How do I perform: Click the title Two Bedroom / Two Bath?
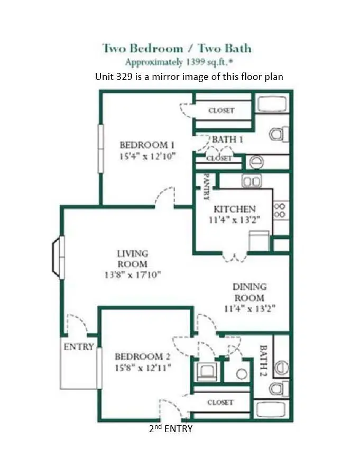pyautogui.click(x=177, y=49)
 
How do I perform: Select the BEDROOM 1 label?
pyautogui.click(x=147, y=145)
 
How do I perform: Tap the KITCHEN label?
pyautogui.click(x=234, y=209)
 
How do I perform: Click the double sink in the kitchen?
pyautogui.click(x=252, y=181)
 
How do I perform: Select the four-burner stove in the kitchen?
pyautogui.click(x=281, y=210)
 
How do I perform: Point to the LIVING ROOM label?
pyautogui.click(x=132, y=259)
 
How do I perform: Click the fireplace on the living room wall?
pyautogui.click(x=58, y=256)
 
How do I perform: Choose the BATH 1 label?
pyautogui.click(x=227, y=140)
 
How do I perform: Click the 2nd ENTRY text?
pyautogui.click(x=171, y=429)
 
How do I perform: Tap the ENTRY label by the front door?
pyautogui.click(x=79, y=347)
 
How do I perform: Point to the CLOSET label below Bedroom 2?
pyautogui.click(x=220, y=403)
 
